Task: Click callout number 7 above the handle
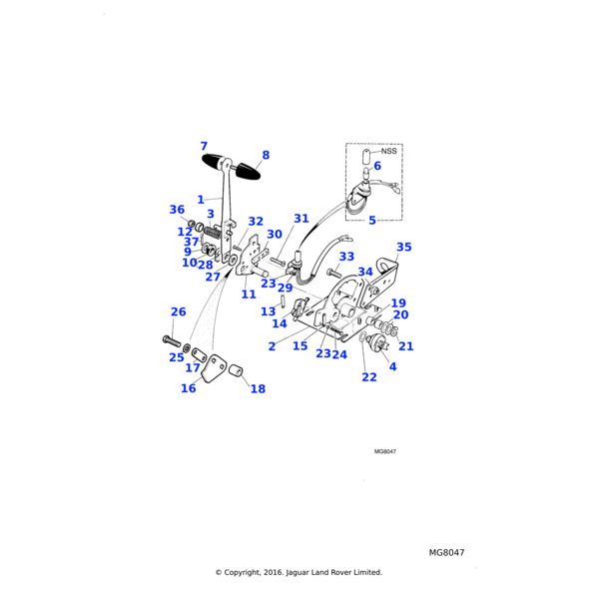pyautogui.click(x=204, y=146)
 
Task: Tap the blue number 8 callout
pyautogui.click(x=266, y=155)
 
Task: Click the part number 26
pyautogui.click(x=178, y=311)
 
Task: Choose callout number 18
pyautogui.click(x=258, y=388)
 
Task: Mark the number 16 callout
pyautogui.click(x=188, y=388)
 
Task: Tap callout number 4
pyautogui.click(x=392, y=366)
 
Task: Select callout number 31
pyautogui.click(x=300, y=219)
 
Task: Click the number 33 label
pyautogui.click(x=345, y=257)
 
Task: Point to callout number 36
pyautogui.click(x=177, y=210)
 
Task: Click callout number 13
pyautogui.click(x=268, y=311)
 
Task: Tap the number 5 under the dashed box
pyautogui.click(x=371, y=220)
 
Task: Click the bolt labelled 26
pyautogui.click(x=169, y=340)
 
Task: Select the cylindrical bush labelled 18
pyautogui.click(x=239, y=373)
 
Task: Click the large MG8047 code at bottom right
pyautogui.click(x=447, y=552)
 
